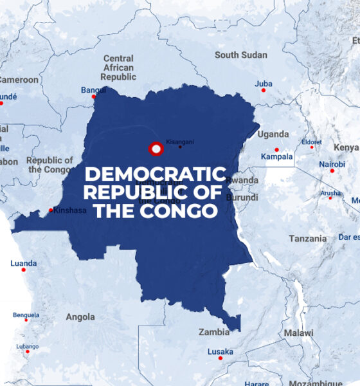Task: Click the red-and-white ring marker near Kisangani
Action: click(156, 149)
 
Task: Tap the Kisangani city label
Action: click(179, 140)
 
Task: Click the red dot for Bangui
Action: click(93, 97)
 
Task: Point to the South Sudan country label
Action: click(240, 55)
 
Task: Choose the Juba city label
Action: click(263, 84)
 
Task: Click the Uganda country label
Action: click(273, 134)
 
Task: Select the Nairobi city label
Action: click(332, 164)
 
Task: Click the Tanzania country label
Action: click(307, 239)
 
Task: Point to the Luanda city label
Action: click(24, 263)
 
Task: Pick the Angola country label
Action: click(80, 317)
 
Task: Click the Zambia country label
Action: click(213, 333)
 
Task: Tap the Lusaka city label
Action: click(220, 352)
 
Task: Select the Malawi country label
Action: click(299, 333)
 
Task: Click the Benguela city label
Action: click(26, 315)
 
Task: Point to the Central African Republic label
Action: click(118, 68)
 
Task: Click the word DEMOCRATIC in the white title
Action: click(156, 174)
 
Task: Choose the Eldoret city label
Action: click(312, 142)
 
